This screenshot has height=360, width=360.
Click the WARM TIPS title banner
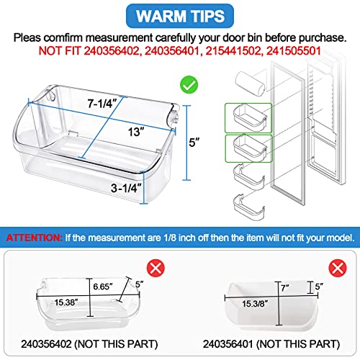180,16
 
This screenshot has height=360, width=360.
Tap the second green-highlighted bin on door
244,148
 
